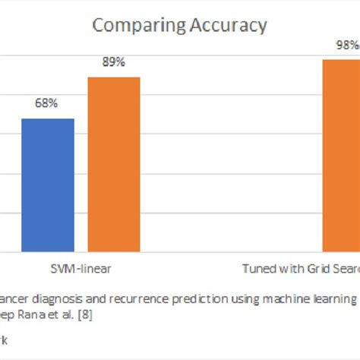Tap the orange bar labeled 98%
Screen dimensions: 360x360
[341, 155]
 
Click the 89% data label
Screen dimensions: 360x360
[114, 62]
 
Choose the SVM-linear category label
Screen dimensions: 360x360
[81, 269]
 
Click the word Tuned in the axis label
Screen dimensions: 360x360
[258, 269]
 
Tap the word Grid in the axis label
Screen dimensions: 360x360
[313, 269]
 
